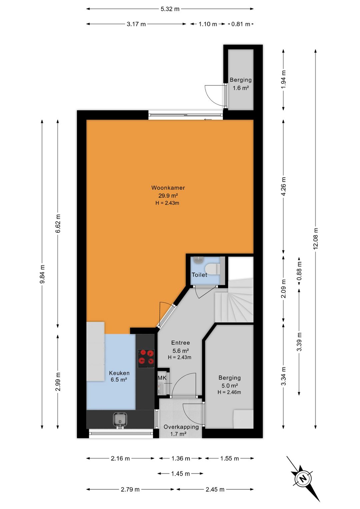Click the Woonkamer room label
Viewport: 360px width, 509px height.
point(168,188)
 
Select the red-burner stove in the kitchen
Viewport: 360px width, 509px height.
point(146,359)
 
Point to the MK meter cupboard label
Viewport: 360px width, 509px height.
point(162,378)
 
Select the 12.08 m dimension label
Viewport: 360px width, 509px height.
point(315,238)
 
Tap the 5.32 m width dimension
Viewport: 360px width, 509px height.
point(170,9)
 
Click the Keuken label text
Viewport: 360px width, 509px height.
point(119,373)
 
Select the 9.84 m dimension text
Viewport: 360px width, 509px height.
point(42,274)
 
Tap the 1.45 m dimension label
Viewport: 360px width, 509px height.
point(180,474)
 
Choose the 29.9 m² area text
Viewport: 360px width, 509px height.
point(168,195)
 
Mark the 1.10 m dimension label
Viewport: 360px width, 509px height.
point(208,24)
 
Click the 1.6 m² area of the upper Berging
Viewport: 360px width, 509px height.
point(241,88)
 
